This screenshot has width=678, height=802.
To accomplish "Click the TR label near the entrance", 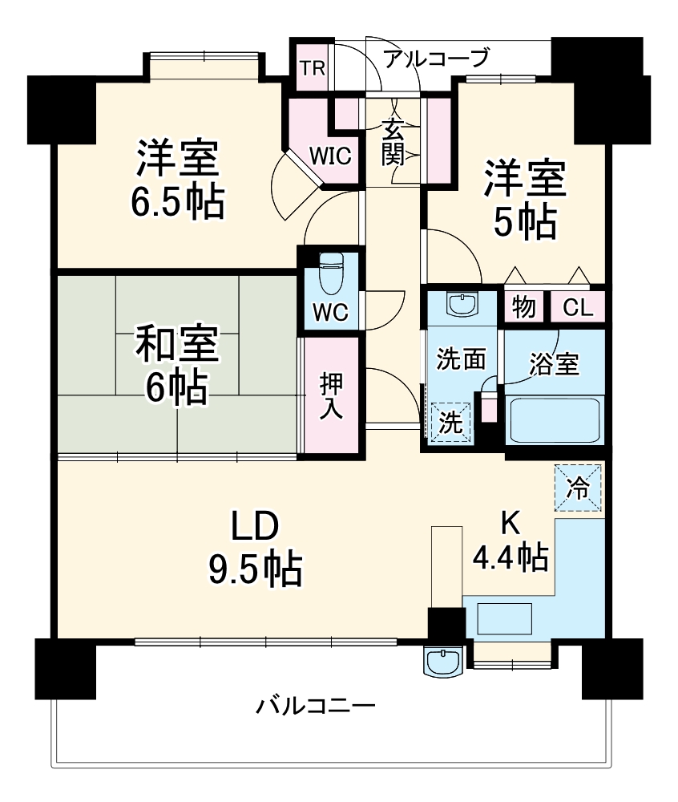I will pos(313,67).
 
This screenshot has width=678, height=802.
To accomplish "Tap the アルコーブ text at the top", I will pos(436,59).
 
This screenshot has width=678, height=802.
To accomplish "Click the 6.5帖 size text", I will pos(177,204).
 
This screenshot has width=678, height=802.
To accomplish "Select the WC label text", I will pos(331,313).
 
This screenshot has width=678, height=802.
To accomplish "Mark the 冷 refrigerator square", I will pos(577,487).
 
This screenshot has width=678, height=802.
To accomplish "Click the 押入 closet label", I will pos(331,396).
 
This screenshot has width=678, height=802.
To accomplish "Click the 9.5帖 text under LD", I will pos(256,569).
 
